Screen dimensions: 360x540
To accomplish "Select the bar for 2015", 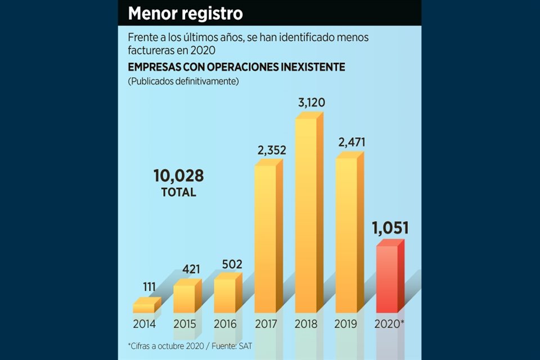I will click(x=185, y=298).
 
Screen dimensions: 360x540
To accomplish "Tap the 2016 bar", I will click(x=225, y=295).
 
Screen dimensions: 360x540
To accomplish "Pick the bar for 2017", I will click(x=266, y=238).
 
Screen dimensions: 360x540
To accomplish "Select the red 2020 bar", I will click(x=388, y=278).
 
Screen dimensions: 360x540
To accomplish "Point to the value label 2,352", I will click(x=272, y=150).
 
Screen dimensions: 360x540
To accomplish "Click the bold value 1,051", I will click(x=390, y=228).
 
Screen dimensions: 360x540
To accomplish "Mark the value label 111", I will click(x=149, y=287).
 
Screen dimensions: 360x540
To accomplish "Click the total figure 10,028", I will click(x=178, y=175).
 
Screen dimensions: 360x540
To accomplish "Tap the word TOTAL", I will click(x=178, y=192).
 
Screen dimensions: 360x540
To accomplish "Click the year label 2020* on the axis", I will click(x=390, y=324).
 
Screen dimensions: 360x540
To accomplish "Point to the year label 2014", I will click(x=145, y=324).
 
